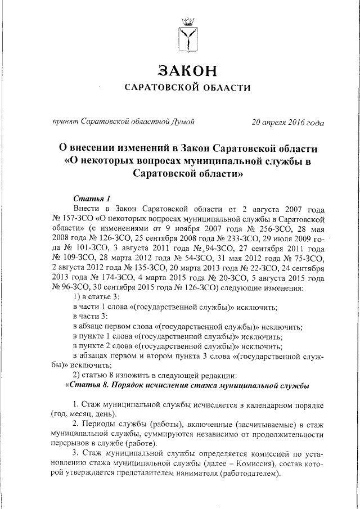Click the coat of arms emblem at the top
pyautogui.click(x=187, y=35)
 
